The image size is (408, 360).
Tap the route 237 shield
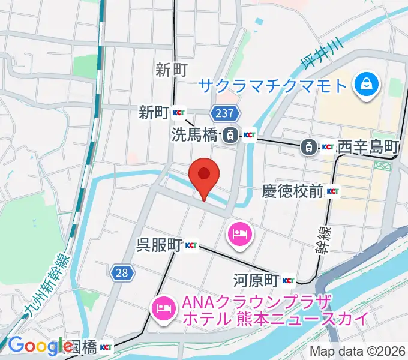pos(226,113)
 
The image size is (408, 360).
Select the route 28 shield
pos(121,273)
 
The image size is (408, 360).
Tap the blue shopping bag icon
pos(365,85)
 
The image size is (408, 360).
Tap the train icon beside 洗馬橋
pos(229,136)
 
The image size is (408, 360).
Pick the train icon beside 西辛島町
pos(308,146)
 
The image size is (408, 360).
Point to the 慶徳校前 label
pos(293,191)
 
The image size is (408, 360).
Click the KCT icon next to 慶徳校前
pos(333,192)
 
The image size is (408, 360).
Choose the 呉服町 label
pos(159,245)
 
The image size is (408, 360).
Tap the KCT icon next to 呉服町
pos(191,245)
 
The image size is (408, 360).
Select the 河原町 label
pos(256,280)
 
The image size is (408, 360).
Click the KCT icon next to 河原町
pos(288,280)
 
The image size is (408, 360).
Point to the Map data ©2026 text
pos(356,352)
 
